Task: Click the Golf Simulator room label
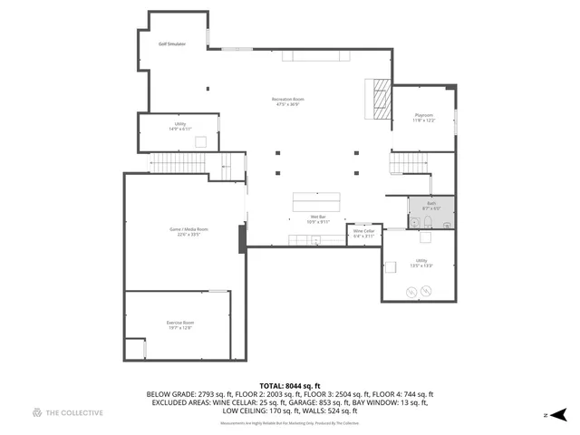[171, 43]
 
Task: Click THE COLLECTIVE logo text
[73, 412]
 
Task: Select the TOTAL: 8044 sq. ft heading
[290, 386]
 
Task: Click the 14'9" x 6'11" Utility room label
[179, 127]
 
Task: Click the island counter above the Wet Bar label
[317, 199]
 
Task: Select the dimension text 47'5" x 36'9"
[287, 105]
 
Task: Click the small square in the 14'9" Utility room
[201, 140]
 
